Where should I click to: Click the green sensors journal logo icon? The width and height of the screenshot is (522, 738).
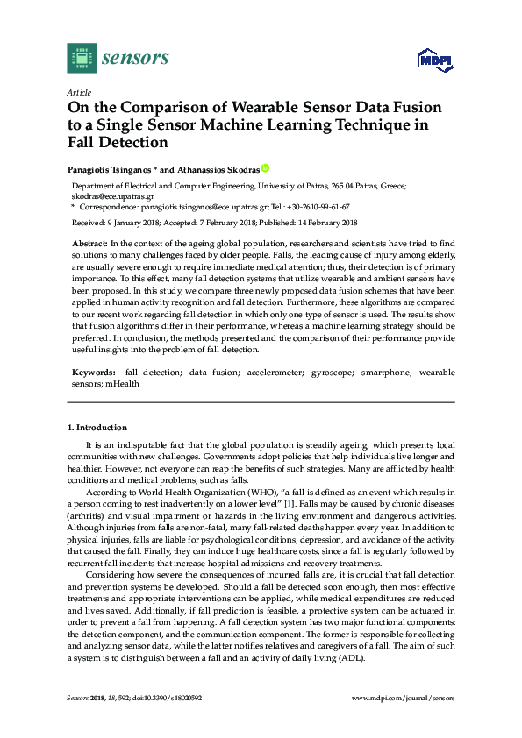(82, 59)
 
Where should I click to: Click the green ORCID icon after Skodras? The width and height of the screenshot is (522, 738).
(266, 167)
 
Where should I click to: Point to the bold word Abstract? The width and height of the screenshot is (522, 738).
(89, 242)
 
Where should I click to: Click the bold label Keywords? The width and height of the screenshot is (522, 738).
(93, 373)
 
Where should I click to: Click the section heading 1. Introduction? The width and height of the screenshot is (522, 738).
(97, 428)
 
